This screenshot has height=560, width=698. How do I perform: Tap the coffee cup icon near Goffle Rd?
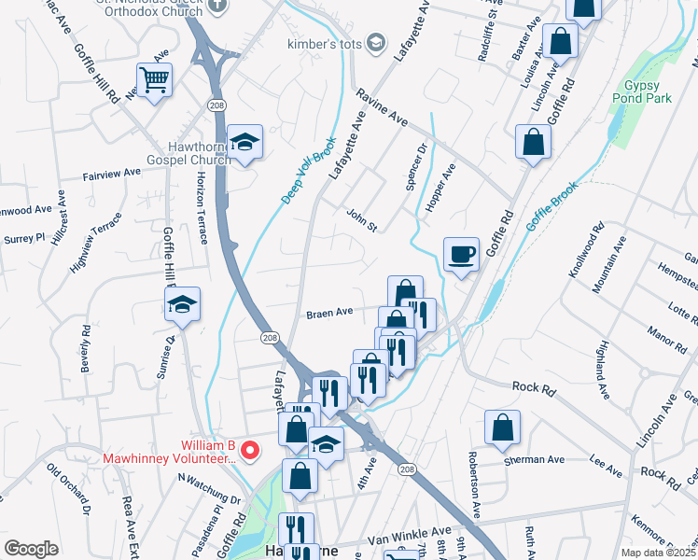point(462,254)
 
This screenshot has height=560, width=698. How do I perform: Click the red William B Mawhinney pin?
point(249,450)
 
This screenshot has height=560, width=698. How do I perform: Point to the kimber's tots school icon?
point(375,42)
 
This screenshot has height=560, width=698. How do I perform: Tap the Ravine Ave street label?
point(381,108)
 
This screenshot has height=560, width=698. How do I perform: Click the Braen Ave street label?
point(329,313)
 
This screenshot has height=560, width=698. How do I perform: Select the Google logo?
point(31,549)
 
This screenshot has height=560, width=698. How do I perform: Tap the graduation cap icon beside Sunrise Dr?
point(183,303)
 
